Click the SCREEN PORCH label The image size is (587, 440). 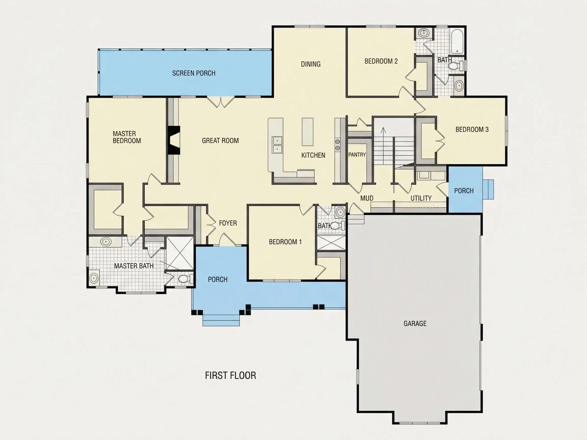tap(194, 73)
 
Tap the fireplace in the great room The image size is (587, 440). tap(174, 140)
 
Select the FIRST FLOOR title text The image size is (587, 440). tap(230, 376)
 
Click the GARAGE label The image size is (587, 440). tap(415, 323)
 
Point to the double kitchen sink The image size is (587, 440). tap(277, 145)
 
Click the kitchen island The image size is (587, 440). tap(308, 132)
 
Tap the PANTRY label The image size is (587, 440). tap(357, 155)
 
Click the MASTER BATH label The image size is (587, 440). tap(134, 266)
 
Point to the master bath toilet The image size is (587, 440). tap(185, 279)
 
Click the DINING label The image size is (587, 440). tap(311, 64)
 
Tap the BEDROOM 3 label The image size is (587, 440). tap(472, 130)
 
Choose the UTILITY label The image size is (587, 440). tap(421, 198)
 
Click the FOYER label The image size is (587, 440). tap(228, 223)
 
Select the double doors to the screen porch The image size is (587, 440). tap(221, 102)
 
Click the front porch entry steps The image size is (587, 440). tap(221, 320)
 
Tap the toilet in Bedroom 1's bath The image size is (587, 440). tap(337, 226)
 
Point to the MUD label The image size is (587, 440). tap(367, 198)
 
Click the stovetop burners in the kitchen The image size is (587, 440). tap(338, 145)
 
